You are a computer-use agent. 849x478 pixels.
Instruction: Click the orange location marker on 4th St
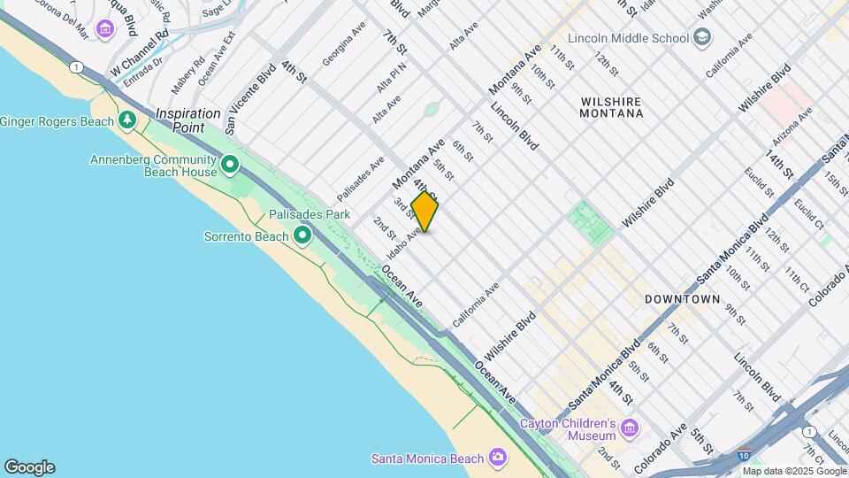pyautogui.click(x=424, y=212)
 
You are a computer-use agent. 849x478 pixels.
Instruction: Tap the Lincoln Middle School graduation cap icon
pyautogui.click(x=702, y=38)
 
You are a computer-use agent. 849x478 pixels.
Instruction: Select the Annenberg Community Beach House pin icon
pyautogui.click(x=230, y=165)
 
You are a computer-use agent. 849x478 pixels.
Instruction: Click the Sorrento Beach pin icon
pyautogui.click(x=302, y=235)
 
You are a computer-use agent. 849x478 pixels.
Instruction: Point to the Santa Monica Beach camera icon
pyautogui.click(x=498, y=458)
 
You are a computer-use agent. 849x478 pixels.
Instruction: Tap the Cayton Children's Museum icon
pyautogui.click(x=630, y=429)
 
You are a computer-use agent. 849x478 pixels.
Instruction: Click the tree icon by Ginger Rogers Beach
pyautogui.click(x=127, y=119)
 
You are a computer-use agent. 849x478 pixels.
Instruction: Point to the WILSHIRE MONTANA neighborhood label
pyautogui.click(x=612, y=108)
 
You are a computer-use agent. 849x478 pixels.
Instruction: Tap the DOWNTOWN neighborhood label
pyautogui.click(x=682, y=299)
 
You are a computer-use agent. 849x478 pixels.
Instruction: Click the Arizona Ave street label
pyautogui.click(x=792, y=128)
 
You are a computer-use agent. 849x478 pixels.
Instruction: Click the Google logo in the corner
pyautogui.click(x=29, y=467)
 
